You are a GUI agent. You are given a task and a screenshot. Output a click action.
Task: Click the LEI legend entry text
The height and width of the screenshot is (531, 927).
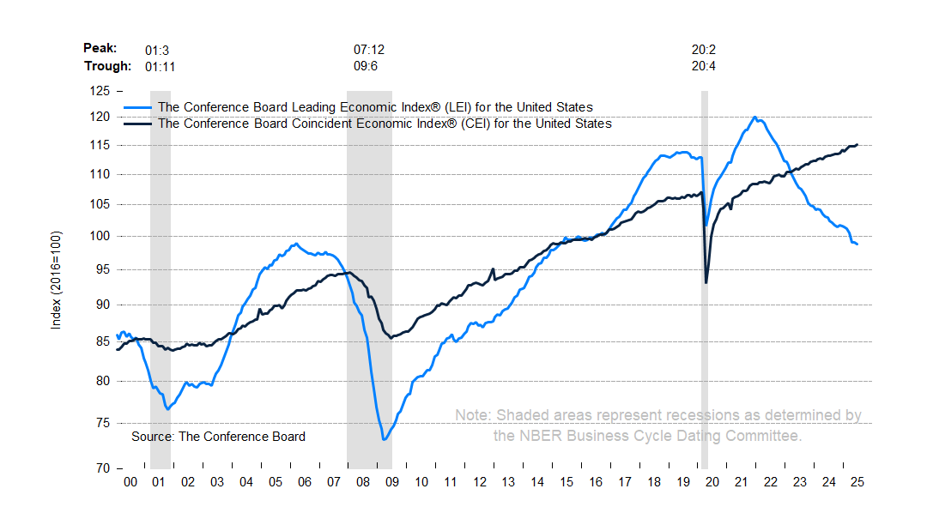pos(375,107)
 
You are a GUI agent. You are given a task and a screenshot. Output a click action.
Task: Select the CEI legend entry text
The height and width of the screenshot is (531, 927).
pos(385,124)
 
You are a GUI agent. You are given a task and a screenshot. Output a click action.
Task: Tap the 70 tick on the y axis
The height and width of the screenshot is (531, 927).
pos(103,469)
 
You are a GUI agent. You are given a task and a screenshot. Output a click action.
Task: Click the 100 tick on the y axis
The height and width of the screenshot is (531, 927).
pos(100,236)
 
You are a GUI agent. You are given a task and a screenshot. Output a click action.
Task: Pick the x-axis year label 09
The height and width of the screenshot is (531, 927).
pos(392,483)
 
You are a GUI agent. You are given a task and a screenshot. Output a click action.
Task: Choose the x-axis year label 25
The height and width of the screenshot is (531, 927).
pos(856,483)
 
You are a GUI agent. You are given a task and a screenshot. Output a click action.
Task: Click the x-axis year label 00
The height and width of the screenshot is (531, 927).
pos(130,483)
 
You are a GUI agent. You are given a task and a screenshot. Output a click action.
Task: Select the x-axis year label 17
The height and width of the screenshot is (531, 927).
pos(624,483)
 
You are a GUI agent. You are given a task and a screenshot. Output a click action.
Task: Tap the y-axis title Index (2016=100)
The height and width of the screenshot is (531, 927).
pos(57,281)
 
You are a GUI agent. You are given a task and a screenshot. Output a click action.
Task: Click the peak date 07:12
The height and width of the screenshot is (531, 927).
pos(369,49)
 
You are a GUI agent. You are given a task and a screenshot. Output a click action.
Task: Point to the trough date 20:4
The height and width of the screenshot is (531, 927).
pos(704,66)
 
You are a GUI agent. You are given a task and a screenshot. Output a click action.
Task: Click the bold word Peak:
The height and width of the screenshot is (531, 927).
pos(100,49)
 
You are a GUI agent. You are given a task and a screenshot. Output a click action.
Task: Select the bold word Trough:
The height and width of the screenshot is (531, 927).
pos(107,66)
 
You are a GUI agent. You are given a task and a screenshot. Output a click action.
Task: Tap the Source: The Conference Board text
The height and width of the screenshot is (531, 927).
pos(218,437)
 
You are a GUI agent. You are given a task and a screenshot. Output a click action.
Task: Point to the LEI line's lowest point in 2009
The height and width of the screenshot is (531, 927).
pos(384,440)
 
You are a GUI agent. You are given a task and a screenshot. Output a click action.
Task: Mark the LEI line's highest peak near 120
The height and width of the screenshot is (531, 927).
pos(754,118)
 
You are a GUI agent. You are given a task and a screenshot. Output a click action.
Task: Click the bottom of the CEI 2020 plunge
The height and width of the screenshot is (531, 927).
pos(706,282)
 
